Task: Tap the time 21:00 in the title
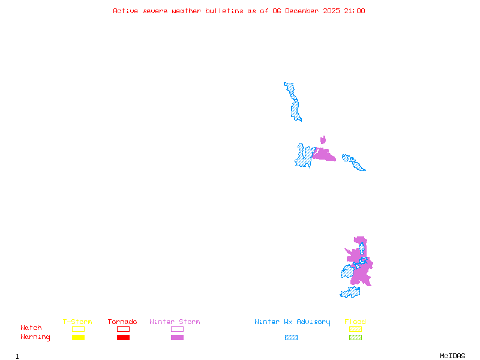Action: [x=354, y=11]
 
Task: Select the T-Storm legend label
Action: [x=77, y=322]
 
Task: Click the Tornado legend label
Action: [x=122, y=322]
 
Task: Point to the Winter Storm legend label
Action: [x=175, y=322]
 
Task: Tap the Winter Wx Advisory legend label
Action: [x=292, y=322]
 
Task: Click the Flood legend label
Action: [x=355, y=322]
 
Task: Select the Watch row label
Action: [x=31, y=328]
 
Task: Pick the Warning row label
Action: [x=35, y=337]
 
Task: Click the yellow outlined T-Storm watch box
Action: [x=78, y=329]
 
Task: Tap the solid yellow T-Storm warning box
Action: [x=78, y=337]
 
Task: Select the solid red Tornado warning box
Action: [x=123, y=337]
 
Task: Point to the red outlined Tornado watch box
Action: [x=123, y=329]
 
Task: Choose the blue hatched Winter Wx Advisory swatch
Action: [x=291, y=337]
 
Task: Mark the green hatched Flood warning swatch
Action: [x=355, y=337]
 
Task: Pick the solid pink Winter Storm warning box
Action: [x=177, y=337]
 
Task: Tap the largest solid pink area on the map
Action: [x=362, y=270]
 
